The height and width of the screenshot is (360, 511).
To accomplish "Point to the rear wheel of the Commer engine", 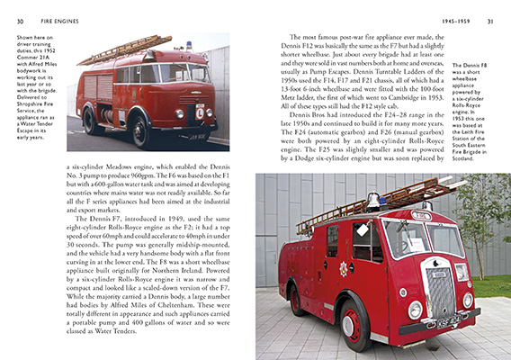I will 92,120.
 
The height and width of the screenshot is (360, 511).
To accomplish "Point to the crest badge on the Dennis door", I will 342,267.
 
